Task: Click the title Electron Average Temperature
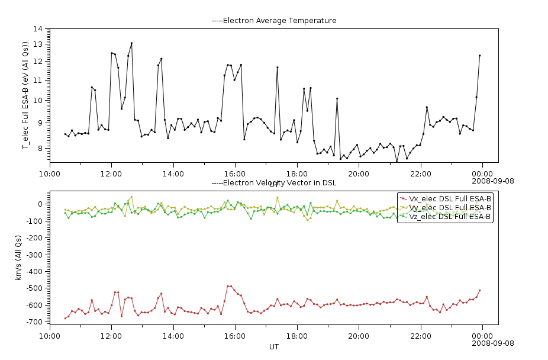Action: [274, 21]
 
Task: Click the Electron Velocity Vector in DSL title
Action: [274, 184]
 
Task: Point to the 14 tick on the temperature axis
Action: [38, 28]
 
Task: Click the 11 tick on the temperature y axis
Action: [38, 80]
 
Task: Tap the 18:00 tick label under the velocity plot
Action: [296, 335]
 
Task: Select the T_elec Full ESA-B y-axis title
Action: [25, 95]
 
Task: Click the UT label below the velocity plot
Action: [274, 346]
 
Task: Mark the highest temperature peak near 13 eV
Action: [131, 43]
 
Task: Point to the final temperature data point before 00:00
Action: [479, 56]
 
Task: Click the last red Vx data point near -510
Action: [479, 291]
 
